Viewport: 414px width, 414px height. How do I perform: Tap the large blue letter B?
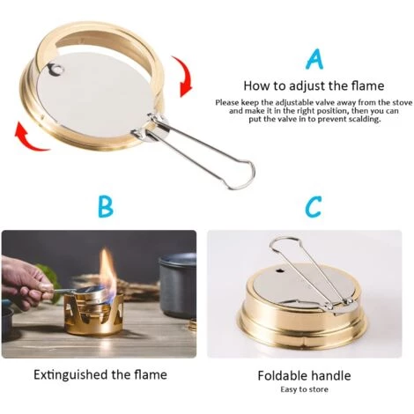[x=106, y=207]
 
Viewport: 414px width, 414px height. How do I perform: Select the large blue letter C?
[x=313, y=207]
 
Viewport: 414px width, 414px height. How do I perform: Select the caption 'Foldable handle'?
[x=304, y=375]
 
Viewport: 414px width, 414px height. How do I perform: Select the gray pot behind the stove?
[x=176, y=282]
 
